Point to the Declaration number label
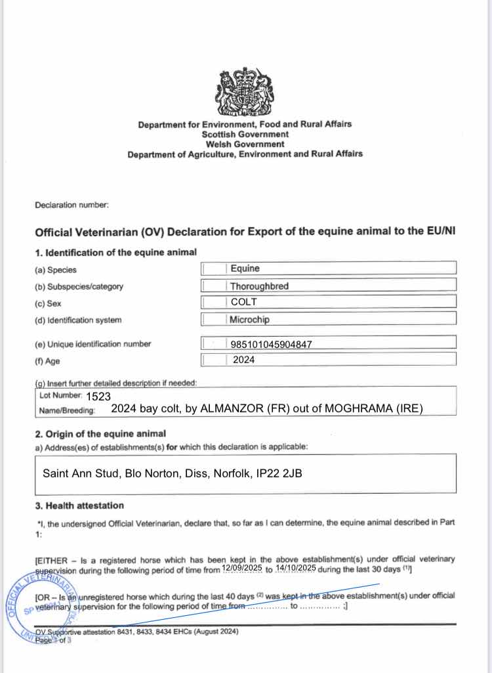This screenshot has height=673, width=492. tap(72, 205)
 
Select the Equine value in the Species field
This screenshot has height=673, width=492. tap(245, 269)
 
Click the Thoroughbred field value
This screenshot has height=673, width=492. tap(260, 286)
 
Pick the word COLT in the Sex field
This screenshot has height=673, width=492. tap(244, 303)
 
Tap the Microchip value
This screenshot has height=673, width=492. tap(250, 320)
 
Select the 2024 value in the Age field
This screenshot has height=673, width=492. tap(244, 360)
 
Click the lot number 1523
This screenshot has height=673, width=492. tap(98, 397)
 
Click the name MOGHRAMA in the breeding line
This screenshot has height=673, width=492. tap(358, 408)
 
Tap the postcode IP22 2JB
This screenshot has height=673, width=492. tap(278, 473)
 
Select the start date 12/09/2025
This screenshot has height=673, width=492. tap(242, 568)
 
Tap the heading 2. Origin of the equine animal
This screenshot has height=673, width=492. tap(100, 434)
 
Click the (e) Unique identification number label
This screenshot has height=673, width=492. tap(92, 344)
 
